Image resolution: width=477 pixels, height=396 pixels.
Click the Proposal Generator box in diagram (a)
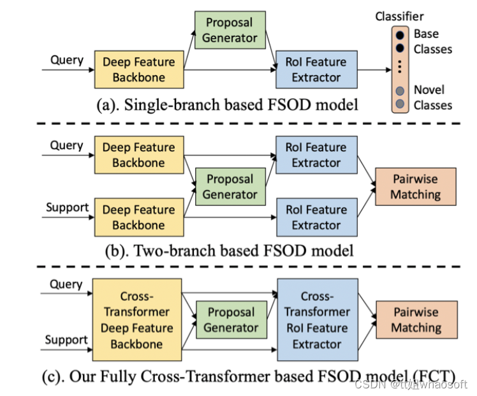coord(230,30)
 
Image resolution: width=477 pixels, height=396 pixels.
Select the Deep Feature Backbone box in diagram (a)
coord(138,70)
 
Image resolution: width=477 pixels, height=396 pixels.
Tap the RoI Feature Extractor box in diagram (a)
coord(316,70)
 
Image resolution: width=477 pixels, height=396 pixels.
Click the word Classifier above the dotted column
coord(399,17)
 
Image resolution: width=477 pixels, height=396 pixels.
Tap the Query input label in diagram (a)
coord(67,60)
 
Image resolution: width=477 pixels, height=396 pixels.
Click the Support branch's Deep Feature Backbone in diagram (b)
coord(138,217)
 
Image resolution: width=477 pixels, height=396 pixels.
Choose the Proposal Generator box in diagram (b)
coord(230,187)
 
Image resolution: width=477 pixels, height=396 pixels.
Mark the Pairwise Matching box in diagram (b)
coord(416,186)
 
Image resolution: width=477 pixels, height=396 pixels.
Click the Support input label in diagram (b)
coord(67,207)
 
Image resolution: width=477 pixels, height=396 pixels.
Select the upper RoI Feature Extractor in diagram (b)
coord(316,155)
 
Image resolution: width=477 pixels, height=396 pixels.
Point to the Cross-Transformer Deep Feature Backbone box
coord(137,320)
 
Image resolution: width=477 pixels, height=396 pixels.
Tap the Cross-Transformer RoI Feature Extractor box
coord(317,320)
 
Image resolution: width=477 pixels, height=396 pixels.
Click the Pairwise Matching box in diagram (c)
coord(416,320)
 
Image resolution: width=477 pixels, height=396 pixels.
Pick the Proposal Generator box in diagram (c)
coord(230,320)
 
